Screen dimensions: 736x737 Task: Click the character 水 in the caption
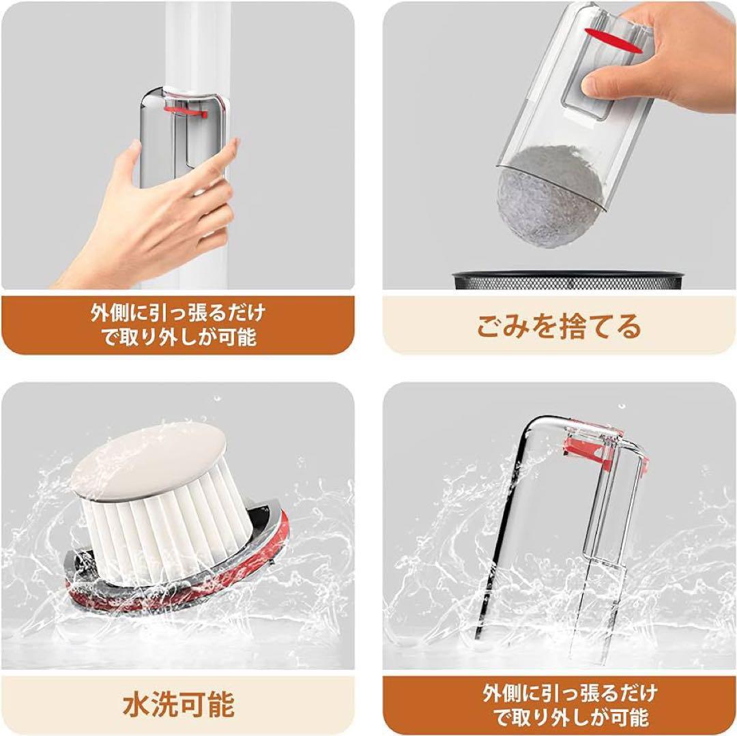(136, 705)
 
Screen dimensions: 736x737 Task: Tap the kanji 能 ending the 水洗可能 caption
(220, 705)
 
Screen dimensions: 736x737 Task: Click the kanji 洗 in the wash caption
(164, 705)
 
